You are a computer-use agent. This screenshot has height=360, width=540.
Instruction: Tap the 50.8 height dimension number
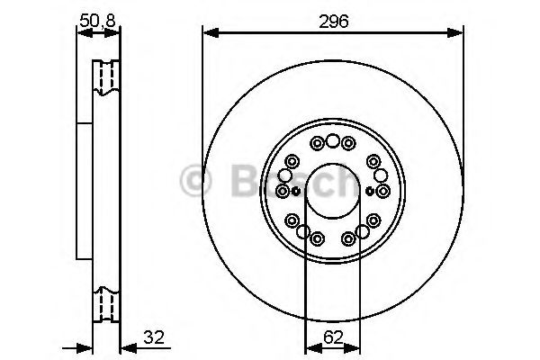pyautogui.click(x=99, y=19)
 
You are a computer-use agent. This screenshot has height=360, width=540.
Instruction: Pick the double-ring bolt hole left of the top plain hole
pyautogui.click(x=316, y=143)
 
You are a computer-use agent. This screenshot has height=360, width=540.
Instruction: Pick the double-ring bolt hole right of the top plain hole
pyautogui.click(x=347, y=143)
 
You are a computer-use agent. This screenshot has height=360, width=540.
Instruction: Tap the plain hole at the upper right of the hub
pyautogui.click(x=373, y=161)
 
